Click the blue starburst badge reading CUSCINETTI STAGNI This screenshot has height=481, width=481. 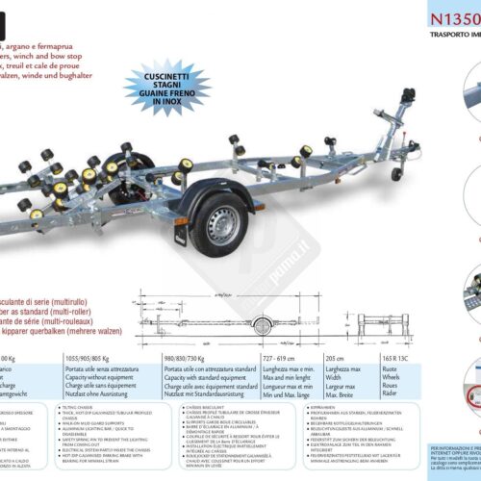point(167,87)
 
